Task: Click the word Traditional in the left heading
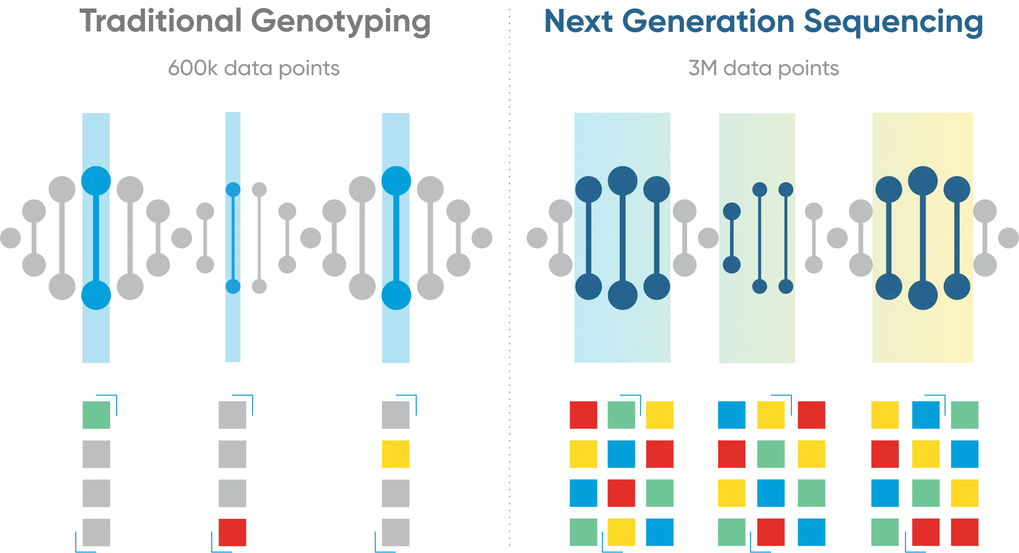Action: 160,21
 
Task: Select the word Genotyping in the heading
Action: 341,23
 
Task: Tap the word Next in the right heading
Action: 579,21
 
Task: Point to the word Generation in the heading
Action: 708,21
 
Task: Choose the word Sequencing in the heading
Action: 893,23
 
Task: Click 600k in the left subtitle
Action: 193,68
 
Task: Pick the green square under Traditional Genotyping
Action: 96,415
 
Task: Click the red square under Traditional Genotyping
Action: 232,532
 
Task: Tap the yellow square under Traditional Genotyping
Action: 396,454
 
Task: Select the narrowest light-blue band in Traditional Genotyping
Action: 233,237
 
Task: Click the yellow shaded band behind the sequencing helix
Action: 922,237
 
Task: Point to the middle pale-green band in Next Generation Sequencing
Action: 757,238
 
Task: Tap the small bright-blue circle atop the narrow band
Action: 233,189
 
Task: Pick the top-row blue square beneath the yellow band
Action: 926,415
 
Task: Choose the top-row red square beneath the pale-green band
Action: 811,415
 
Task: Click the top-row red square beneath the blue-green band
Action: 583,415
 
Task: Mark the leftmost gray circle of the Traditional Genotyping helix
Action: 10,238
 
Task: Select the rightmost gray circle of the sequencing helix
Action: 1009,238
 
